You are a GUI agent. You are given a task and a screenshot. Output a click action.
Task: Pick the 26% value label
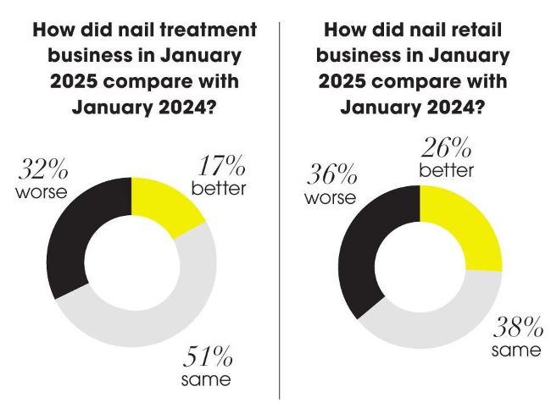446,149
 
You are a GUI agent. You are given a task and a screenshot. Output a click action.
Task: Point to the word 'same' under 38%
516,350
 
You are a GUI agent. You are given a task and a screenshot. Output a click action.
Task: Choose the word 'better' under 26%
446,170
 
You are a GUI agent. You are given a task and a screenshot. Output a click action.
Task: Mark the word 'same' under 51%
205,378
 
